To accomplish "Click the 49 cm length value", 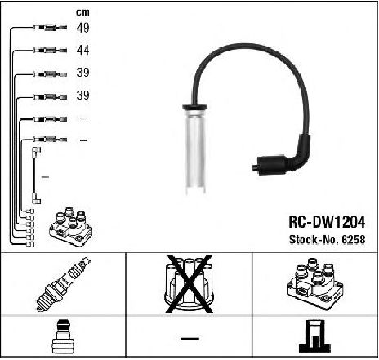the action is [x=82, y=28].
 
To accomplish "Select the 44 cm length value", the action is [x=82, y=50].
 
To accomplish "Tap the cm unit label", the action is [x=82, y=12].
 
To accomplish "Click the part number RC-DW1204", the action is [x=327, y=222].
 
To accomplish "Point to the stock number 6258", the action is [x=353, y=239].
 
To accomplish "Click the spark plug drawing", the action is [x=63, y=284].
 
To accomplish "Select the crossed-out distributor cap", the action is [x=189, y=284].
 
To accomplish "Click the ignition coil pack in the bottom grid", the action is [x=315, y=283].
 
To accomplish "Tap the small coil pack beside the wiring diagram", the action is [x=71, y=226].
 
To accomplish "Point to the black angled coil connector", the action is [x=283, y=158].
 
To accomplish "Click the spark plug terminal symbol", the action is [x=63, y=336].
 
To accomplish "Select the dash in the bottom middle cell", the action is [x=189, y=339].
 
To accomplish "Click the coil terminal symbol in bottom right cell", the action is [x=315, y=336].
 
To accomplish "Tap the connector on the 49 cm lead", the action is [x=51, y=28].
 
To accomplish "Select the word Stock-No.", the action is [x=314, y=239].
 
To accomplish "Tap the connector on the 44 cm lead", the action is [x=51, y=50].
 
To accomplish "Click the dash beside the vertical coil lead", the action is [x=46, y=177].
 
